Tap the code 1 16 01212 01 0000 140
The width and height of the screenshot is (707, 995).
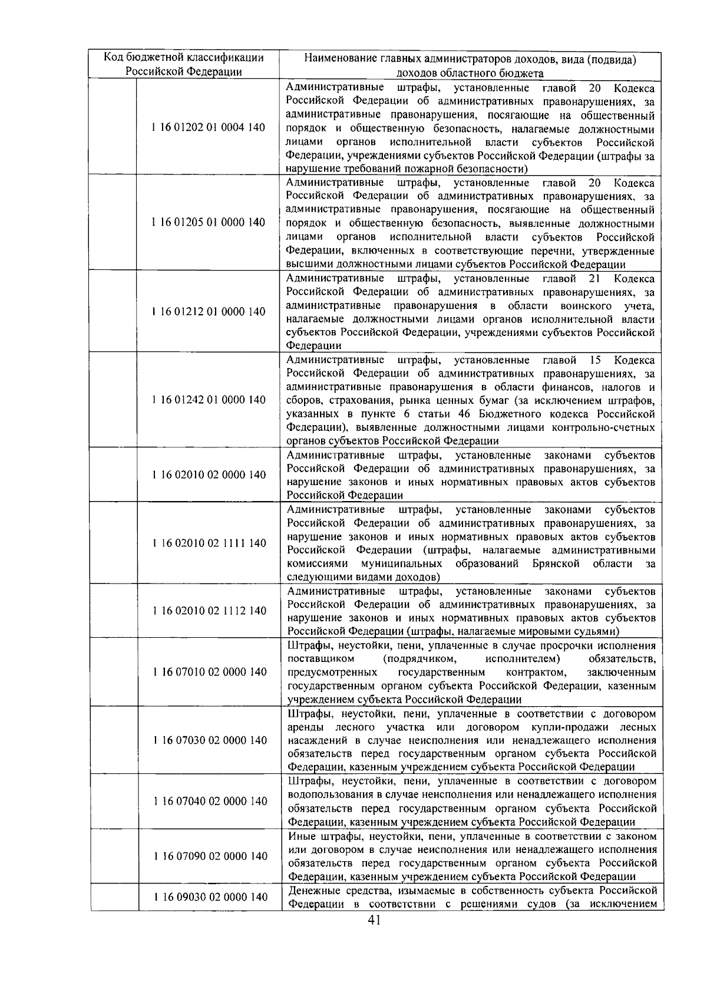pos(209,311)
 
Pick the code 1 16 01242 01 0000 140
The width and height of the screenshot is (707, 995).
pos(209,400)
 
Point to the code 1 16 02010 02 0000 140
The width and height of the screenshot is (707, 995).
pos(209,475)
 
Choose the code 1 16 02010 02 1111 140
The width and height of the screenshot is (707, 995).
pos(209,543)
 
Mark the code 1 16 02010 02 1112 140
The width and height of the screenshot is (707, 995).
pos(209,611)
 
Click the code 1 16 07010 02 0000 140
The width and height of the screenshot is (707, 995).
pos(209,672)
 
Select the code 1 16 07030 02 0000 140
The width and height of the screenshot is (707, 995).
pos(210,740)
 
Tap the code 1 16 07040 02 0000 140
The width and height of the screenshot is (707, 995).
pos(210,801)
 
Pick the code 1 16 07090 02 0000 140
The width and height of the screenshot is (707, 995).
pos(210,856)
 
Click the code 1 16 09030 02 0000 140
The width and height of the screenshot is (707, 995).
pos(210,897)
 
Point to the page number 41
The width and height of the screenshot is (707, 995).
pos(374,920)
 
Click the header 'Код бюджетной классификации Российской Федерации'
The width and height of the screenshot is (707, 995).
pos(184,65)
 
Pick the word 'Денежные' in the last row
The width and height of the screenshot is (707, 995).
pos(313,890)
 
